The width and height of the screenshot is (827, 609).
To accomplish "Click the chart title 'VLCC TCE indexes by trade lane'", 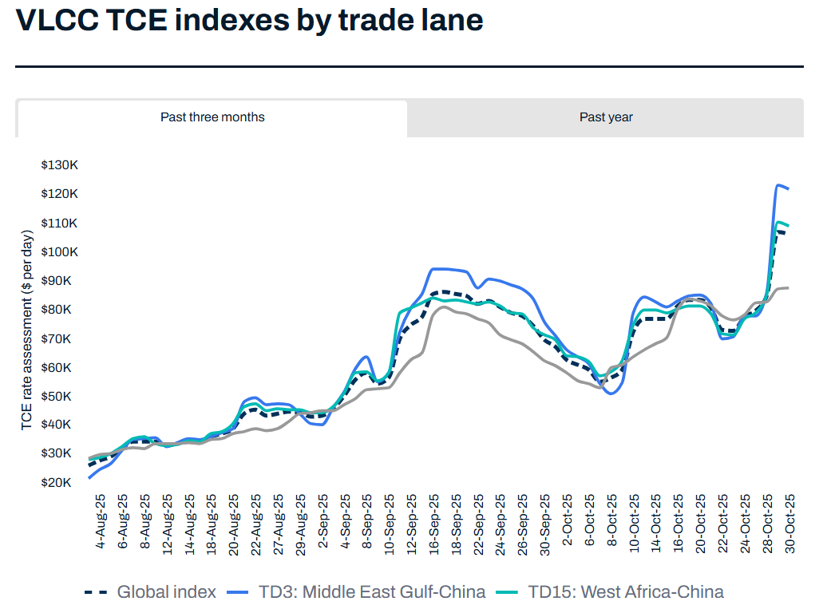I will point(249,20).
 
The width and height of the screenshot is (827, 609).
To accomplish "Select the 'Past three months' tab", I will point(212,117).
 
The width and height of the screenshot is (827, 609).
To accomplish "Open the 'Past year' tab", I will point(606,117).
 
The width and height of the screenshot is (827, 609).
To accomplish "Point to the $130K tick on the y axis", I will point(59,164).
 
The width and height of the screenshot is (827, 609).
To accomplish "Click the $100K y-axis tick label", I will point(59,251).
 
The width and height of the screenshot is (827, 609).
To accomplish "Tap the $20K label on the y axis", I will point(61,482).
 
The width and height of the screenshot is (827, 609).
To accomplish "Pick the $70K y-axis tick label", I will point(61,338).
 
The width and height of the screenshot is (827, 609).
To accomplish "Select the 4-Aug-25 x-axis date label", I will point(101,521).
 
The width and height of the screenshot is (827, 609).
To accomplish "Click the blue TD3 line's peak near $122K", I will point(778,185).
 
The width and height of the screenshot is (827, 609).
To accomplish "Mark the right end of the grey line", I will point(789,287).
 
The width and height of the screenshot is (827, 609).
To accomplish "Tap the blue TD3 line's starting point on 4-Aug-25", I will point(89,478).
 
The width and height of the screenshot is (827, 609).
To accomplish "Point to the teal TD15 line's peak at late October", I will point(778,222).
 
